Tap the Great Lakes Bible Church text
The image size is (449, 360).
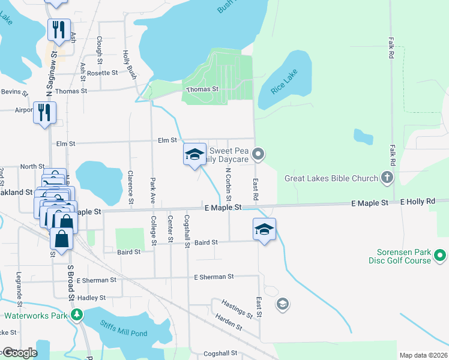click(331, 178)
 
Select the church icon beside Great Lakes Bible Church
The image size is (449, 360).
click(388, 178)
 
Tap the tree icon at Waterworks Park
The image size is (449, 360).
click(76, 315)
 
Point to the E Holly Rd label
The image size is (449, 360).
click(417, 203)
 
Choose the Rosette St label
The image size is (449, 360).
click(102, 73)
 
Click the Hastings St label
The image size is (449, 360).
click(237, 309)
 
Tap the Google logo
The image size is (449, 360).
click(19, 353)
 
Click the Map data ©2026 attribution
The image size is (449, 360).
click(423, 355)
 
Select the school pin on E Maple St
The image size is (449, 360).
click(264, 230)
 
